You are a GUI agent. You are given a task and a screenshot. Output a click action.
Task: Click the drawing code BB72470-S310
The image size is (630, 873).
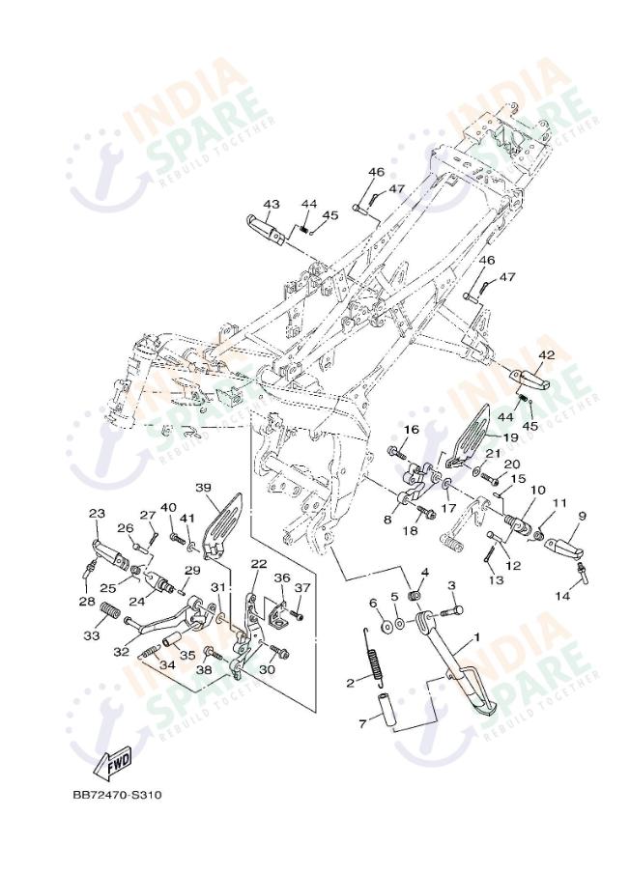[116, 796]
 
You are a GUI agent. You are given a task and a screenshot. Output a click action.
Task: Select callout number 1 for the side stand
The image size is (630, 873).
[475, 639]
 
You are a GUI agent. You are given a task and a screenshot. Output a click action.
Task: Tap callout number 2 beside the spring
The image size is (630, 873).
[351, 682]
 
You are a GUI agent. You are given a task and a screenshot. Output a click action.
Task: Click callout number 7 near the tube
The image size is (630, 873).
[361, 721]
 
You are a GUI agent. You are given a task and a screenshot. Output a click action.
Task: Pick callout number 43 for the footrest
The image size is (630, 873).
[272, 205]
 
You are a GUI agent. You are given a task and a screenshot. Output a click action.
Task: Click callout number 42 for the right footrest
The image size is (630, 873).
[547, 355]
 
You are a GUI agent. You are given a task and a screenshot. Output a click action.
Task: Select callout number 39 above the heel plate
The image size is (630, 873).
[203, 488]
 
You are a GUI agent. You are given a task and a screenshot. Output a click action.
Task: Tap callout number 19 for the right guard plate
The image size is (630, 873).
[509, 436]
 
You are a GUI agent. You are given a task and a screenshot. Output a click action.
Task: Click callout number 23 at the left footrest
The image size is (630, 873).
[97, 514]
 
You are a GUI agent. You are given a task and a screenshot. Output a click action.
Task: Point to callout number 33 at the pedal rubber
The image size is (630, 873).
[92, 635]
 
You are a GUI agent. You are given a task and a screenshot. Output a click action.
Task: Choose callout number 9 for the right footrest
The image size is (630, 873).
[582, 516]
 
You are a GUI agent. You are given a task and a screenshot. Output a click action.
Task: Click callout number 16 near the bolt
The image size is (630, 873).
[412, 430]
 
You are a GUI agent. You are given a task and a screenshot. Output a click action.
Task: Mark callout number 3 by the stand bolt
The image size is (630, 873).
[450, 585]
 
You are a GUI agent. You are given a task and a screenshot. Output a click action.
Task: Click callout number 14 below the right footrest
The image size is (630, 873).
[562, 596]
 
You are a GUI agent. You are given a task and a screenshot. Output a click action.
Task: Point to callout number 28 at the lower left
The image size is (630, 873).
[85, 603]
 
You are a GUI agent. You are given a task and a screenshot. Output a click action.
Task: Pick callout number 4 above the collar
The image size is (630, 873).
[424, 573]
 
